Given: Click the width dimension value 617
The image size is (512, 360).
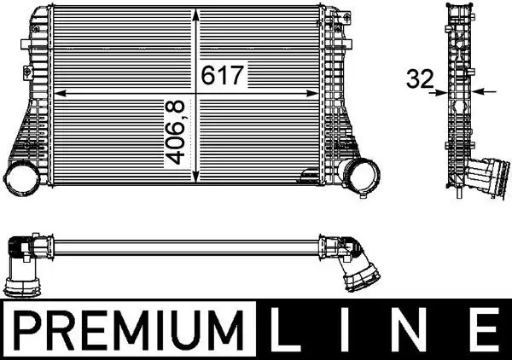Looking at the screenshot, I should (x=224, y=75).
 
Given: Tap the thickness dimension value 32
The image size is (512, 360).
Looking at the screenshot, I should (x=417, y=80).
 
